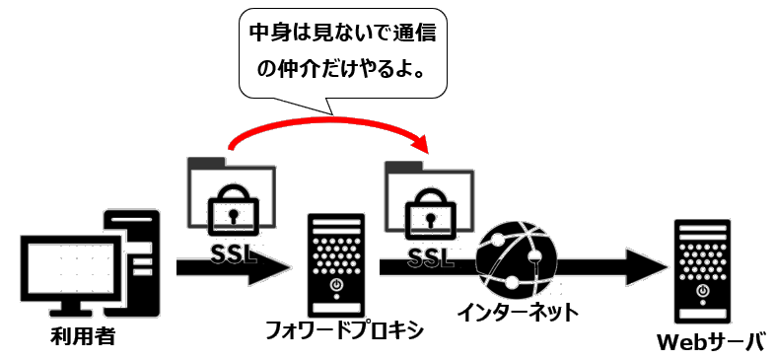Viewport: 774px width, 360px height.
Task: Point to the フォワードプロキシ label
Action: pos(344,328)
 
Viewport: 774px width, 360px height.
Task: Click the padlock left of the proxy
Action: pos(230,211)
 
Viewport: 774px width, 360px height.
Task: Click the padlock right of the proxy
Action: pos(427,211)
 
